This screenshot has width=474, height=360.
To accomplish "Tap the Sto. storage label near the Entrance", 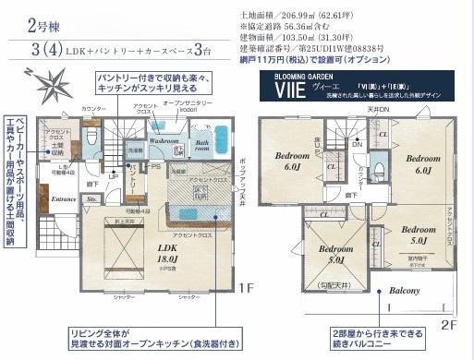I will coord(91,198).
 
